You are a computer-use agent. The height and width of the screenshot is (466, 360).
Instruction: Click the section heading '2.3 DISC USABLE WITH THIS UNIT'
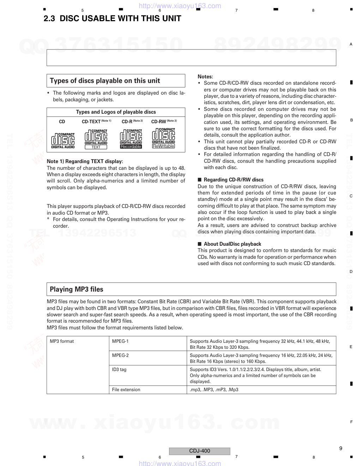(112, 19)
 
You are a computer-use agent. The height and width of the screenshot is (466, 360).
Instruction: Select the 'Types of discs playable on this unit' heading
(105, 81)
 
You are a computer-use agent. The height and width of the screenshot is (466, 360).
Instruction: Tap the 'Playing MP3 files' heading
(77, 289)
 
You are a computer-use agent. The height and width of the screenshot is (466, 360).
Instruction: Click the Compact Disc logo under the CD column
(62, 140)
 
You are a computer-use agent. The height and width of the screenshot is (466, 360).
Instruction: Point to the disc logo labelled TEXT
(96, 139)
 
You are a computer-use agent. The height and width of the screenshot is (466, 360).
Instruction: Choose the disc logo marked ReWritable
(163, 138)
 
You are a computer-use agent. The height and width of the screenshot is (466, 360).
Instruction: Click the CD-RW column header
(159, 121)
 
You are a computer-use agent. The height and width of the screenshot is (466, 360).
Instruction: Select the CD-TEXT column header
(91, 121)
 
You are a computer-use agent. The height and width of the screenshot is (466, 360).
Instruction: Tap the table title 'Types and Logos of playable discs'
(116, 112)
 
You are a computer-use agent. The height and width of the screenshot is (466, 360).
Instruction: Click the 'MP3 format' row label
(62, 341)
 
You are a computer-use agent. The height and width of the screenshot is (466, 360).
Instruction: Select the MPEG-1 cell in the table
(120, 341)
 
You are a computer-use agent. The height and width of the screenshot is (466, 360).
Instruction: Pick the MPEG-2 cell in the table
(120, 356)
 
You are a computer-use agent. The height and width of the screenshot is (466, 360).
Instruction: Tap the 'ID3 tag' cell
(119, 370)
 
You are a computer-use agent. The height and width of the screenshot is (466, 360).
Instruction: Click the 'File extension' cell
(126, 390)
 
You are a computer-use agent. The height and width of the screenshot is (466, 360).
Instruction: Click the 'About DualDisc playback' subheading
(232, 244)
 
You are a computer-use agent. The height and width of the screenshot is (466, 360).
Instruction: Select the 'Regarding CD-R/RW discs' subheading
(233, 180)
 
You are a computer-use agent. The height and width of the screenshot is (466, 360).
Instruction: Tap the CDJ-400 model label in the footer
(199, 451)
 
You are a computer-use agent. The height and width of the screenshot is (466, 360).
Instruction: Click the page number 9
(341, 448)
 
